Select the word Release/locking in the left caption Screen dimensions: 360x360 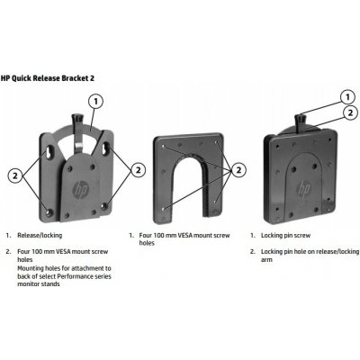coord(39,234)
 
